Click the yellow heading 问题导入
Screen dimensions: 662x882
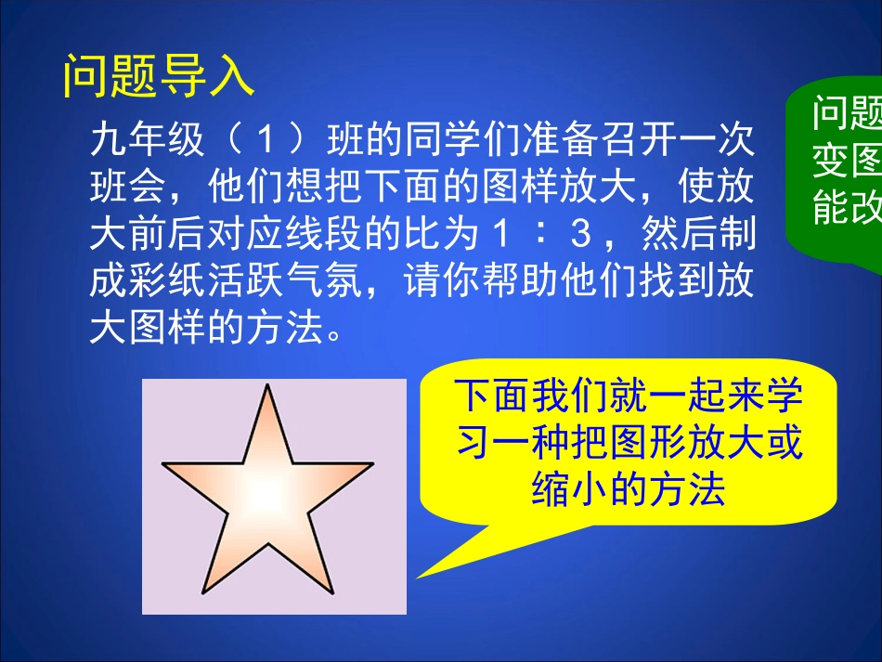159,76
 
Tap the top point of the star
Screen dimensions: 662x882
268,387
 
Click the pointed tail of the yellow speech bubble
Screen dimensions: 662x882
421,576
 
